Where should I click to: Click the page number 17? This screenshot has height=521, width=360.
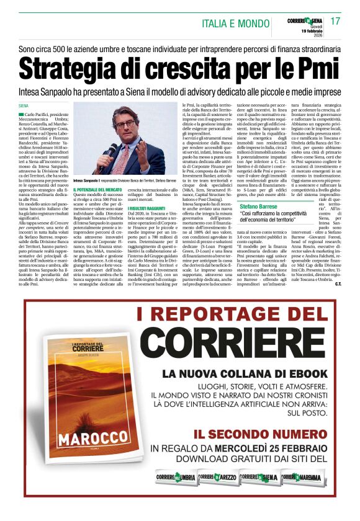(x=336, y=21)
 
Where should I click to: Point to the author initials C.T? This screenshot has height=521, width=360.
(x=338, y=285)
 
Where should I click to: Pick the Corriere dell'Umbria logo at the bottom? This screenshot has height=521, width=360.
(x=174, y=478)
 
